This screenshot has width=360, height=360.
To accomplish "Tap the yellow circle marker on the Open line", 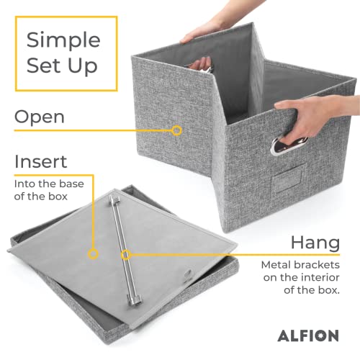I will click(176, 130).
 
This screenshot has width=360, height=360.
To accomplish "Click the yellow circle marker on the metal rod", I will click(125, 254).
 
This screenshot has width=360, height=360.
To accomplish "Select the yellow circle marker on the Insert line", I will click(93, 253).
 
